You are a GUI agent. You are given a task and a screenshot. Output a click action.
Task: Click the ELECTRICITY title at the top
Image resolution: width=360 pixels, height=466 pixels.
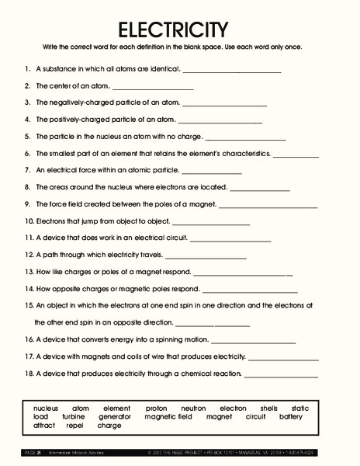(173, 30)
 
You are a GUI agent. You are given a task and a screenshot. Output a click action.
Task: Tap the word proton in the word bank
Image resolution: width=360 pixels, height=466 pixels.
(155, 408)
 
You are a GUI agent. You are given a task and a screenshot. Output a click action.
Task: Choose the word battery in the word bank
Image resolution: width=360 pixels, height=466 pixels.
(291, 416)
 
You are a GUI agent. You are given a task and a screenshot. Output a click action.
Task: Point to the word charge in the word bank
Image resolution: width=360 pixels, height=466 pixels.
(109, 426)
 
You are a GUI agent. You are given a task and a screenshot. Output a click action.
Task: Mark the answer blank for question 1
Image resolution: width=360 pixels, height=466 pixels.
(232, 71)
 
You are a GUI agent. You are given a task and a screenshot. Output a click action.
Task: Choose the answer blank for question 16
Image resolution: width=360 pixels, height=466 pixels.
(253, 342)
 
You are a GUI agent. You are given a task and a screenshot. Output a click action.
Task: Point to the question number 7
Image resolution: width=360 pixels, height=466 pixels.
(28, 169)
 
